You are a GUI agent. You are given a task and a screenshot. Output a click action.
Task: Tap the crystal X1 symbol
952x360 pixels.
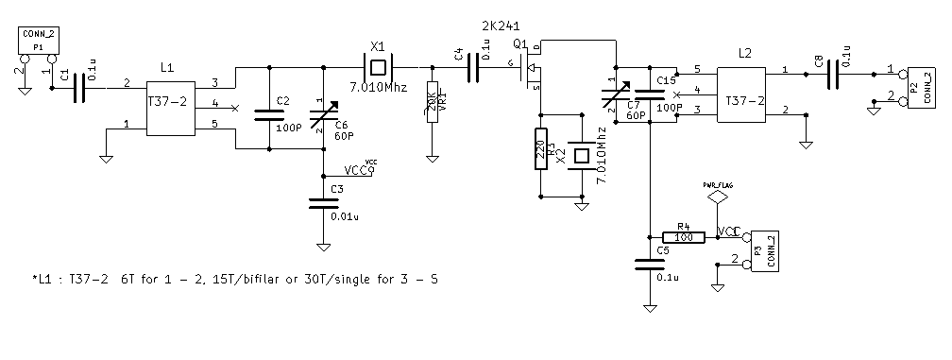[379, 67]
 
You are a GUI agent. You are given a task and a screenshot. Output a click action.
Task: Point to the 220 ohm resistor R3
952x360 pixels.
[541, 147]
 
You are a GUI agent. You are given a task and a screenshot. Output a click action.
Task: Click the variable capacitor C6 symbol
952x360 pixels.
[324, 115]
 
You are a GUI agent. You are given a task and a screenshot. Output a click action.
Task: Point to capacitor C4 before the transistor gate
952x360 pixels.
[475, 67]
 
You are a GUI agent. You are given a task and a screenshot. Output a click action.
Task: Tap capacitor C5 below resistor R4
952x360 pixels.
[650, 266]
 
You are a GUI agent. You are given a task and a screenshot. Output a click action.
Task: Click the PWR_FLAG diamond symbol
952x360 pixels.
[720, 197]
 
